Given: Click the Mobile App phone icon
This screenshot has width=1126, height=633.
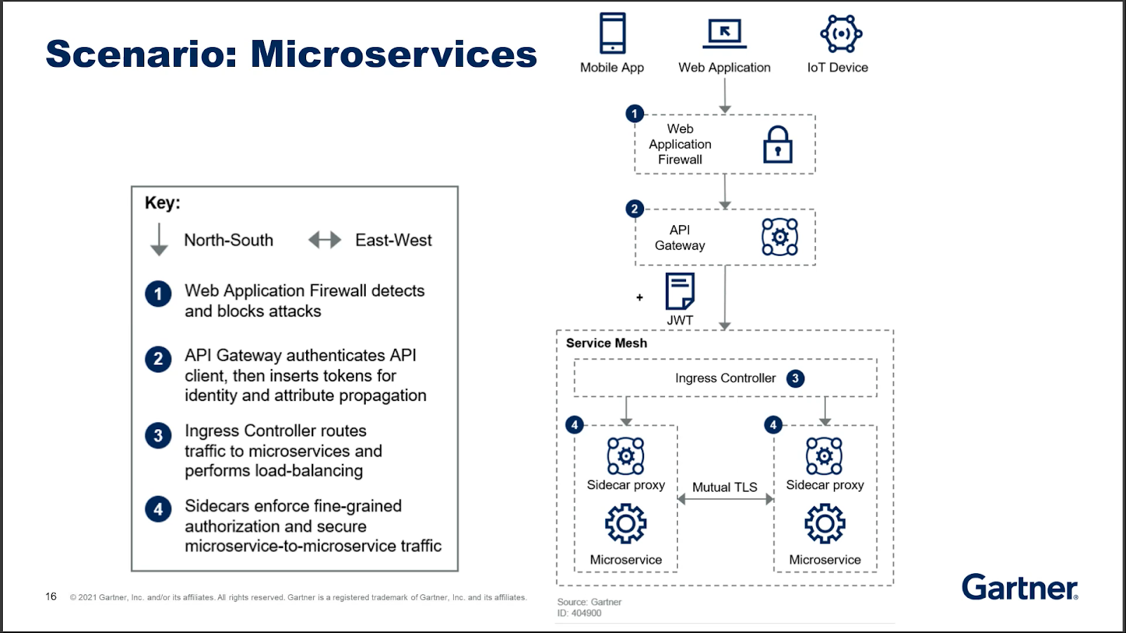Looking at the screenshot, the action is tap(612, 33).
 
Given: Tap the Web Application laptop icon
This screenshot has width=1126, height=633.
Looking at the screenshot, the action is tap(724, 34).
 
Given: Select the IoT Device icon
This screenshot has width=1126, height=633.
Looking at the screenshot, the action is tap(841, 34).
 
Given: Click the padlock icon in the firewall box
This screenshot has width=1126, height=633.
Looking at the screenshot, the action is tap(778, 145).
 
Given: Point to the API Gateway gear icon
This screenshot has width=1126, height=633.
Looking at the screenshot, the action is tap(779, 236).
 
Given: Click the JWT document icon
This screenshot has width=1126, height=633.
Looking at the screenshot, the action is tap(680, 291).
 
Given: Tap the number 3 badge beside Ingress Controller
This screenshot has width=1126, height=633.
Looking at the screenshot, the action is tap(795, 378).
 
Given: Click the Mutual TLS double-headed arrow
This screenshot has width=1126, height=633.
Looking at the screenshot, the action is tap(725, 499).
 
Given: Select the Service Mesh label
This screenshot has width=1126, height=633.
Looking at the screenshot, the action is tap(606, 343).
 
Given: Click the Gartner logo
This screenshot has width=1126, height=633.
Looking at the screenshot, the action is tap(1020, 587).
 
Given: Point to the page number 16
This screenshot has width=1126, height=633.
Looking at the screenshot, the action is tap(51, 596).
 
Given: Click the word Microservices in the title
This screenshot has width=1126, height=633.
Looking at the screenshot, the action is tap(393, 53).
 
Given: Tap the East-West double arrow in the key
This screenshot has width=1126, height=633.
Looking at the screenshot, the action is tap(324, 240).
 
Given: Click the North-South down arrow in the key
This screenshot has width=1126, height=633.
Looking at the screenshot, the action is tap(159, 240).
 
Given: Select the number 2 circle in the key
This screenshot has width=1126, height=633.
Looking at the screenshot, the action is tap(158, 359).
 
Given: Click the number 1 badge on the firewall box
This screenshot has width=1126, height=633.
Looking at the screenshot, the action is tap(634, 113).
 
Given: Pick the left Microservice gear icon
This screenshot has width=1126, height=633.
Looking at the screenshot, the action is tap(626, 523).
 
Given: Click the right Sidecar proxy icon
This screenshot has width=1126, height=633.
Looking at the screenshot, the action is tap(824, 456).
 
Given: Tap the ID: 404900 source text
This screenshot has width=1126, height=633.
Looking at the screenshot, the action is tap(579, 613).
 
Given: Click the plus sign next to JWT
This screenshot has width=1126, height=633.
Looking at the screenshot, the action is tap(640, 298).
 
